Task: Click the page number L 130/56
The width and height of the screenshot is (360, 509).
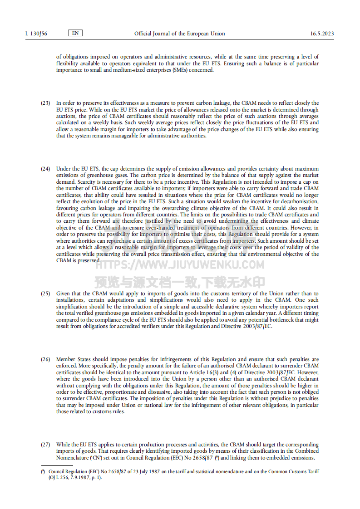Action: [37, 34]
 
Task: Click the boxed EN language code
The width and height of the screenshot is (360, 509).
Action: [75, 33]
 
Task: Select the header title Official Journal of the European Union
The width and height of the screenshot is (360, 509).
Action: [179, 34]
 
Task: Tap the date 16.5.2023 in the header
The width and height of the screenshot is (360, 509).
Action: [322, 34]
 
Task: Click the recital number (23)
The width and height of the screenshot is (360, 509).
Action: [45, 103]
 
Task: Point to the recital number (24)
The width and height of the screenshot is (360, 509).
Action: [45, 169]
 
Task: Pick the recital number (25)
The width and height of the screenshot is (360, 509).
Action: [45, 294]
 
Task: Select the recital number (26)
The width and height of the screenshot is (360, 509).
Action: [45, 359]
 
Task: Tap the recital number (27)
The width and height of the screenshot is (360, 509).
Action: [45, 445]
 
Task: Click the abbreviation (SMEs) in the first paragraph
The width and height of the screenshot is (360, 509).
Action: [177, 70]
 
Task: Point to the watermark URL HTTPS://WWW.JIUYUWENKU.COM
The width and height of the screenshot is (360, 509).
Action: [180, 264]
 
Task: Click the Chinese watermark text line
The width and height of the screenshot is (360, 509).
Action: [180, 283]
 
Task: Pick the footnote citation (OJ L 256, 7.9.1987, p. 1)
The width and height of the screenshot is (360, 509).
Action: [75, 477]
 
